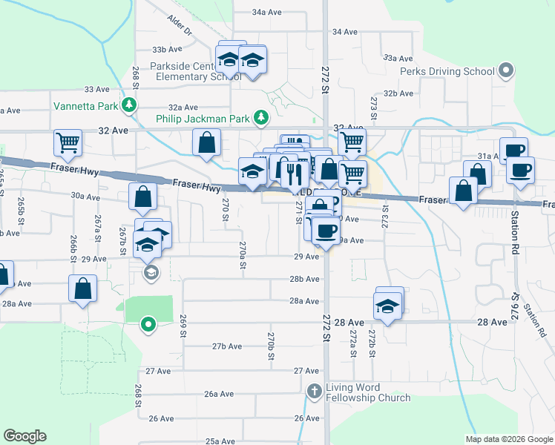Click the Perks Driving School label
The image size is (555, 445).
click(447, 72)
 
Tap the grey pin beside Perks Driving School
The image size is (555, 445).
click(506, 71)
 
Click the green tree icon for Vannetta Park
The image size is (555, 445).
click(130, 105)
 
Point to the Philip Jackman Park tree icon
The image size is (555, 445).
click(260, 117)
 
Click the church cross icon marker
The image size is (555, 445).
click(314, 391)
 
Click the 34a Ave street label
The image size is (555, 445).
click(267, 13)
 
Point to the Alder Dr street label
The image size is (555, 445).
click(180, 26)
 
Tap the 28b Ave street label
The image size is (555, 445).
click(304, 279)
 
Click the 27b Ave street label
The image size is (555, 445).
click(227, 346)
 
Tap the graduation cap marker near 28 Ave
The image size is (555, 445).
click(387, 304)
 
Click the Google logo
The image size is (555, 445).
click(24, 436)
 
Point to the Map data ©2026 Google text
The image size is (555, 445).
click(508, 439)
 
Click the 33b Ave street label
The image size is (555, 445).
click(167, 50)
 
